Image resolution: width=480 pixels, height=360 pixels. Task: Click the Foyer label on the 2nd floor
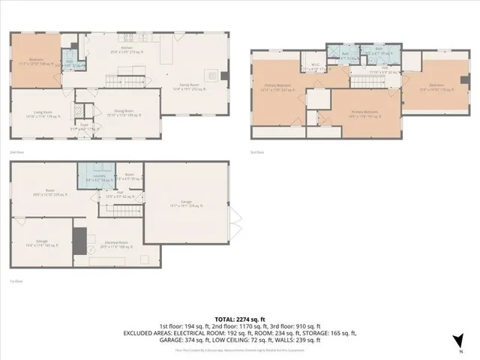tap(84, 127)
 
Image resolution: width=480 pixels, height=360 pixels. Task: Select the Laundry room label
tap(93, 180)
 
